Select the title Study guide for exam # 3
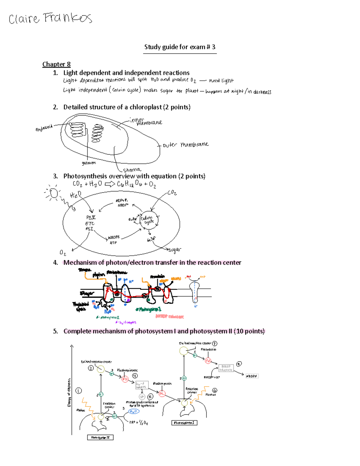pyautogui.click(x=180, y=47)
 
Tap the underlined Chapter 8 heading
pyautogui.click(x=56, y=64)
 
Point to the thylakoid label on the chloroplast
pyautogui.click(x=44, y=128)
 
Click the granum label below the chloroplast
pyautogui.click(x=89, y=163)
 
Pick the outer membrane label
pyautogui.click(x=185, y=145)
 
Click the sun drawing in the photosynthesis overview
pyautogui.click(x=54, y=194)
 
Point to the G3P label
pyautogui.click(x=151, y=239)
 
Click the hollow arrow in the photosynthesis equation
pyautogui.click(x=110, y=184)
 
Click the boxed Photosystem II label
pyautogui.click(x=100, y=437)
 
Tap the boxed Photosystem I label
pyautogui.click(x=184, y=423)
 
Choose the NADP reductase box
pyautogui.click(x=226, y=368)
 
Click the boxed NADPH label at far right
pyautogui.click(x=252, y=376)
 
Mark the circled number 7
pyautogui.click(x=214, y=343)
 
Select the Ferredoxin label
pyautogui.click(x=208, y=350)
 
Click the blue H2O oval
pyautogui.click(x=133, y=411)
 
